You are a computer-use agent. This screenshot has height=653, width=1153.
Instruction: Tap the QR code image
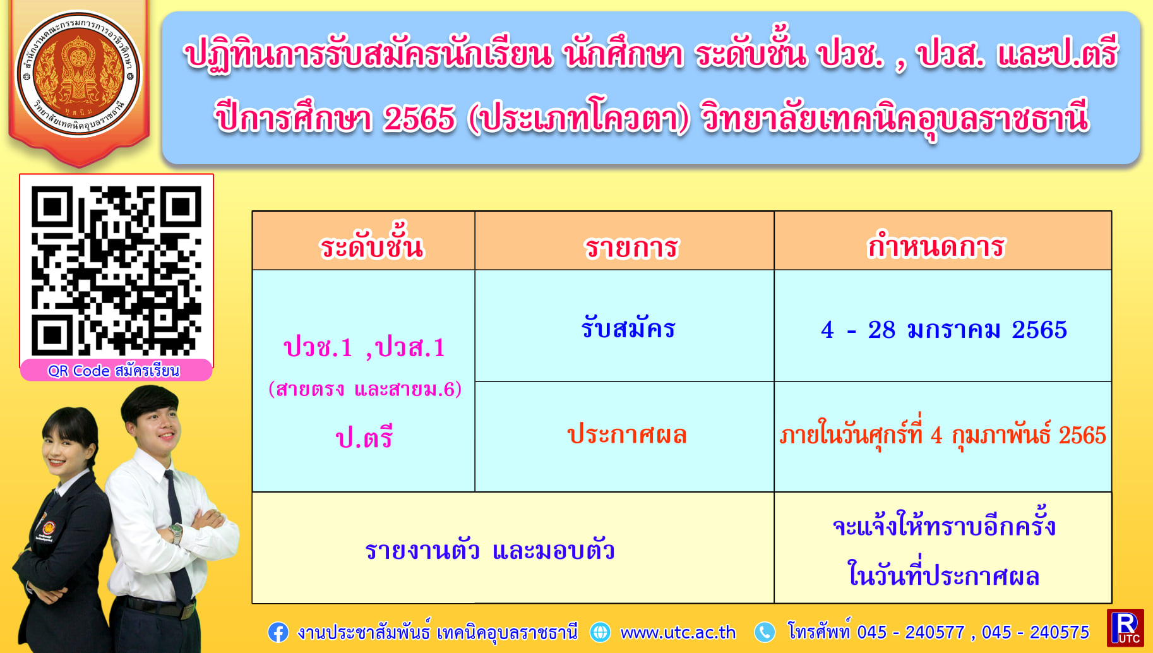click(x=117, y=270)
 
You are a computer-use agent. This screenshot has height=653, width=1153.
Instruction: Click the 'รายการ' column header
click(x=631, y=247)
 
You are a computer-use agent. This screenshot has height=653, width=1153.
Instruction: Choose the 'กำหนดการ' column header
click(x=935, y=246)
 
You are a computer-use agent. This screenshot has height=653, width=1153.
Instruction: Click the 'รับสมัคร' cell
click(x=628, y=328)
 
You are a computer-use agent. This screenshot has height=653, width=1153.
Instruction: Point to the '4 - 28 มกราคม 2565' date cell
click(x=943, y=330)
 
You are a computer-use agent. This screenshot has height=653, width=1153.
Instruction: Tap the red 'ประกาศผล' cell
click(x=627, y=434)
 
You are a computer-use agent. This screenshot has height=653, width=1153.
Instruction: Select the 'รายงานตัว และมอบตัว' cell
click(x=490, y=550)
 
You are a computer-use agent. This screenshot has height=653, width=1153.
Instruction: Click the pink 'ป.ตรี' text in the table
click(x=364, y=437)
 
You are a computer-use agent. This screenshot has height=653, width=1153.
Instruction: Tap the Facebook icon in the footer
click(x=278, y=632)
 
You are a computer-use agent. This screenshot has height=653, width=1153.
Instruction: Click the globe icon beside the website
click(x=600, y=632)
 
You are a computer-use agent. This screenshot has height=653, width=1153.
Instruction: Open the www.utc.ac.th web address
click(x=678, y=632)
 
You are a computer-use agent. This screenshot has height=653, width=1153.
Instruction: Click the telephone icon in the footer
click(x=765, y=632)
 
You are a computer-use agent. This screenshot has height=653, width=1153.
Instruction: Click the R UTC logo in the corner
click(x=1125, y=628)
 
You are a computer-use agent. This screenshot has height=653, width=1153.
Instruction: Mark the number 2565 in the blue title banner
click(x=419, y=118)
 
